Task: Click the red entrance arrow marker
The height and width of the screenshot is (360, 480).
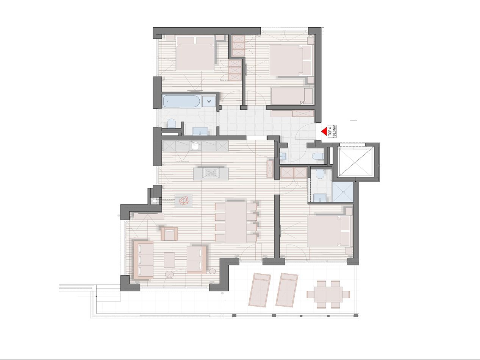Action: tap(324, 131)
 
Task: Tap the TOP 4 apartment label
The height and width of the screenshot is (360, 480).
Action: tap(330, 131)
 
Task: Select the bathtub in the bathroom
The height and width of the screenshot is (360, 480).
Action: tap(181, 101)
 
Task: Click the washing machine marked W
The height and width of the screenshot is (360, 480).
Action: tap(209, 101)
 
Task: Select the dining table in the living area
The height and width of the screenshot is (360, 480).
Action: tap(236, 222)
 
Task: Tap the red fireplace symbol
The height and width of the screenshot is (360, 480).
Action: tap(183, 201)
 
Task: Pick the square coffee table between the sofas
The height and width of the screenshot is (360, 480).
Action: tap(169, 260)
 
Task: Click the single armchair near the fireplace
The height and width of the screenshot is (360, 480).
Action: tap(169, 234)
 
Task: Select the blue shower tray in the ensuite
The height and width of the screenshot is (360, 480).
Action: tap(343, 192)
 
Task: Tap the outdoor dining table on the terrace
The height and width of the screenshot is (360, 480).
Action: tap(328, 294)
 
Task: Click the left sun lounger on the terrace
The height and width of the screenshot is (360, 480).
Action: tap(260, 290)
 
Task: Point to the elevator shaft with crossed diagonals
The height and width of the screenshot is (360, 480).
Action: tap(355, 161)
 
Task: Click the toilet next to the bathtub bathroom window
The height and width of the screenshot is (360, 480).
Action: tap(171, 123)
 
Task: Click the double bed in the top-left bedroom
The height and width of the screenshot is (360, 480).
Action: tap(195, 54)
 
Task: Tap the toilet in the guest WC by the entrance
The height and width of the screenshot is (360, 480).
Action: tap(318, 157)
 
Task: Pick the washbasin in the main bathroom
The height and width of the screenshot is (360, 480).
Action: tap(200, 131)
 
